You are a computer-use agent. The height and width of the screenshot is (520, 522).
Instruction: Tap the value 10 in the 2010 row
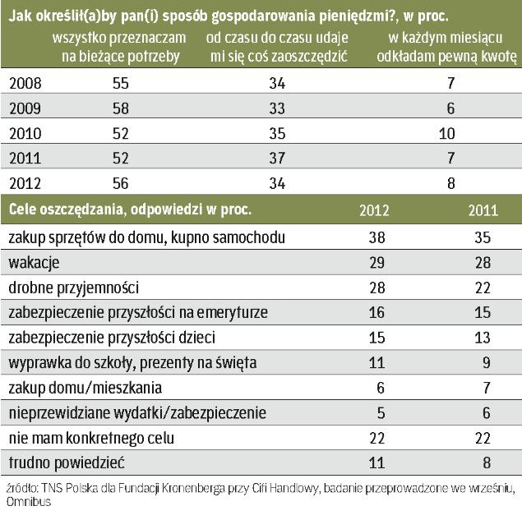click(450, 133)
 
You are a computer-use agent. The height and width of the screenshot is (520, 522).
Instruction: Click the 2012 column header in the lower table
click(375, 209)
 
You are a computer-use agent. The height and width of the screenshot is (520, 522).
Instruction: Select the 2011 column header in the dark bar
click(483, 209)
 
